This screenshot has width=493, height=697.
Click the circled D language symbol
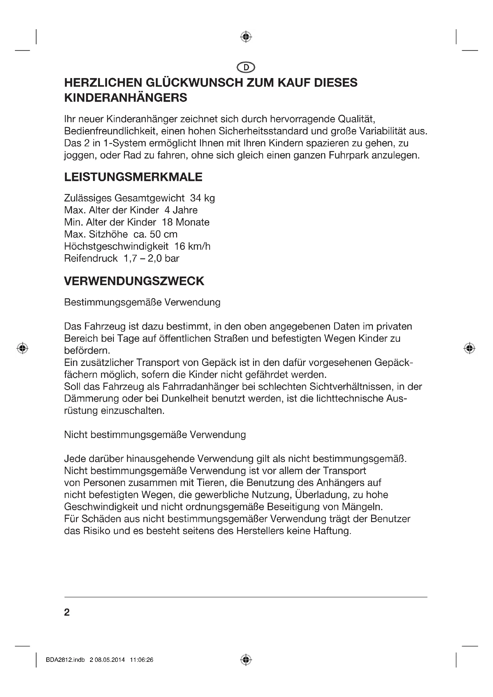tap(246, 67)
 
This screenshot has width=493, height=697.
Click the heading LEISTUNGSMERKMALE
tap(133, 177)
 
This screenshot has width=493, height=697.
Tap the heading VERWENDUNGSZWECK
tap(134, 281)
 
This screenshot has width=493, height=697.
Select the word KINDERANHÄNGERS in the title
tap(126, 98)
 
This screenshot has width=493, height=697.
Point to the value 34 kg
tap(202, 198)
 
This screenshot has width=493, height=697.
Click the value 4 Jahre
tap(181, 210)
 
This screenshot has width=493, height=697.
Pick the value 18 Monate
tap(185, 222)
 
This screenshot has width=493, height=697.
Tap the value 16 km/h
tap(192, 246)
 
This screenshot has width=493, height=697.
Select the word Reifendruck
tap(91, 258)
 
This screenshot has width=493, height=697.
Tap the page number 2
tap(67, 612)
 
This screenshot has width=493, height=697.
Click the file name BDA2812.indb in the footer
tap(65, 660)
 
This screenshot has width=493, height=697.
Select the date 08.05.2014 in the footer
tap(110, 660)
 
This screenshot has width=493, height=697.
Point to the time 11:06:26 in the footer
tap(142, 660)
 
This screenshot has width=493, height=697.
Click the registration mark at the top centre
tap(246, 37)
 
